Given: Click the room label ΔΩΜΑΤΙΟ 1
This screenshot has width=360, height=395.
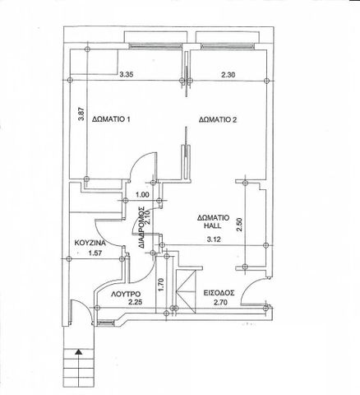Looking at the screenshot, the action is (x=111, y=119).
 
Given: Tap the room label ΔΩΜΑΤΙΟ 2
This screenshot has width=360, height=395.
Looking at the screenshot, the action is (x=218, y=119).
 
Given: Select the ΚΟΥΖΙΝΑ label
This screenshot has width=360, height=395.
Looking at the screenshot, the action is (x=90, y=243).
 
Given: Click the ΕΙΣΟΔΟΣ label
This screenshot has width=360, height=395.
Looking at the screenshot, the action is (x=219, y=293).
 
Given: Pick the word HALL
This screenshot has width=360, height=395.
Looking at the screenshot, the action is (x=214, y=225).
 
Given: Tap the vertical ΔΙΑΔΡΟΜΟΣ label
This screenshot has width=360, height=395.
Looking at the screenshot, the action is (x=141, y=228).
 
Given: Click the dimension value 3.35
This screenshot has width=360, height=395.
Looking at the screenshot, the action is (x=127, y=74).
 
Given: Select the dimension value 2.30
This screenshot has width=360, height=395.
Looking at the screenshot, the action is (x=228, y=75).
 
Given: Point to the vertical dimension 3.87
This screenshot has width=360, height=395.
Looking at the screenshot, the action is (x=81, y=114).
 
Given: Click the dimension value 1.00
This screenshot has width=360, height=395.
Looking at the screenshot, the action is (x=142, y=195).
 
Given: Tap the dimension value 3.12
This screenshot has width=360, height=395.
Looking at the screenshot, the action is (x=214, y=239).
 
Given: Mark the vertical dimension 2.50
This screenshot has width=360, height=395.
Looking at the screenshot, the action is (x=239, y=225).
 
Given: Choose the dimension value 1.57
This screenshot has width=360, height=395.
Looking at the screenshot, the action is (x=95, y=253).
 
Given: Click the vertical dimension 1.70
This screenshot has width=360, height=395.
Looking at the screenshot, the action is (x=161, y=285).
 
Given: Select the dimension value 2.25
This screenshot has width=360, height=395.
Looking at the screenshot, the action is (x=135, y=303).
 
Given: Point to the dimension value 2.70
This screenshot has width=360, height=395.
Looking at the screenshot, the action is (x=220, y=303).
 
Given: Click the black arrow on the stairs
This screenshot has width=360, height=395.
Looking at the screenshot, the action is (x=79, y=352).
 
